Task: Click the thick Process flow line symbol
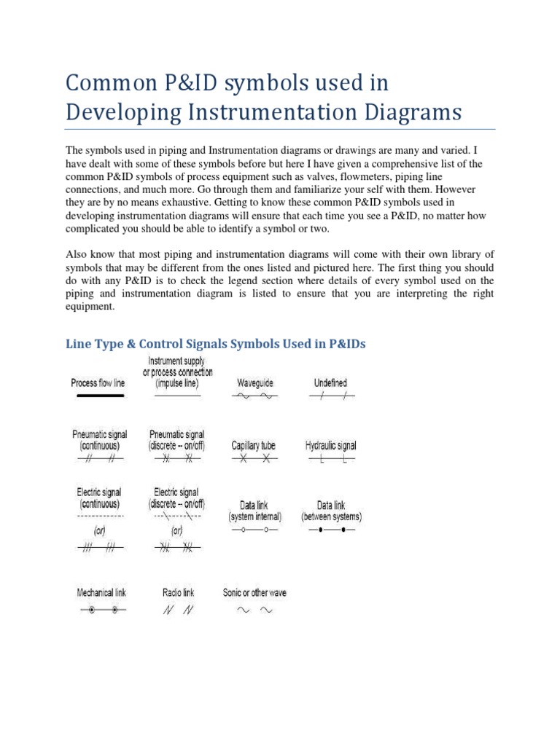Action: (x=97, y=396)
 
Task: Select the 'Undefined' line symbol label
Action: (x=330, y=382)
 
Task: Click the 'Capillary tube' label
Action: (x=253, y=445)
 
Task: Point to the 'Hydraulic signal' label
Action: (x=330, y=445)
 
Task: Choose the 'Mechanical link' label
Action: (x=101, y=592)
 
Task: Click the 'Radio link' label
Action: (x=178, y=593)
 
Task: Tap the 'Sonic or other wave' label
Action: (x=254, y=592)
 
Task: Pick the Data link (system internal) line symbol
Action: (x=255, y=530)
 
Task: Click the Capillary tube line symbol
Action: (x=255, y=459)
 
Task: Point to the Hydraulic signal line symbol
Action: (x=331, y=460)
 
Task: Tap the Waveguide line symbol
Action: (x=255, y=396)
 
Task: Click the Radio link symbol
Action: (x=178, y=610)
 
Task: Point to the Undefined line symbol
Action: (x=331, y=396)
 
